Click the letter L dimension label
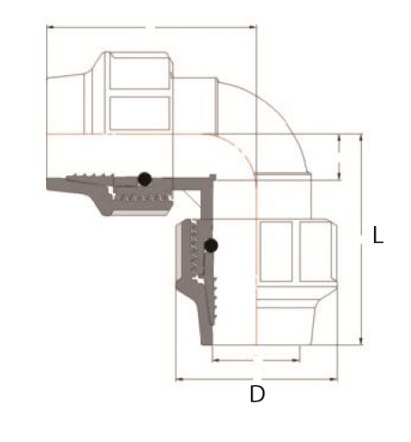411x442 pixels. pos(378,235)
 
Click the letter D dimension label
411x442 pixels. pos(257,394)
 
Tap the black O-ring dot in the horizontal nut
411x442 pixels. pos(145,179)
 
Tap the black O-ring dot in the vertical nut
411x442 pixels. pos(211,246)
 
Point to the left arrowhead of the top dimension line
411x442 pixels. pos(51,27)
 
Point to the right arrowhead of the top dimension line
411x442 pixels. pos(253,27)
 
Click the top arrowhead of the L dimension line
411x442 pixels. pos(360,137)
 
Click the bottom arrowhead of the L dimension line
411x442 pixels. pos(360,341)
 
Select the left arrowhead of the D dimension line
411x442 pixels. pos(180,380)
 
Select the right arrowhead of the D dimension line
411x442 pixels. pos(334,380)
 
